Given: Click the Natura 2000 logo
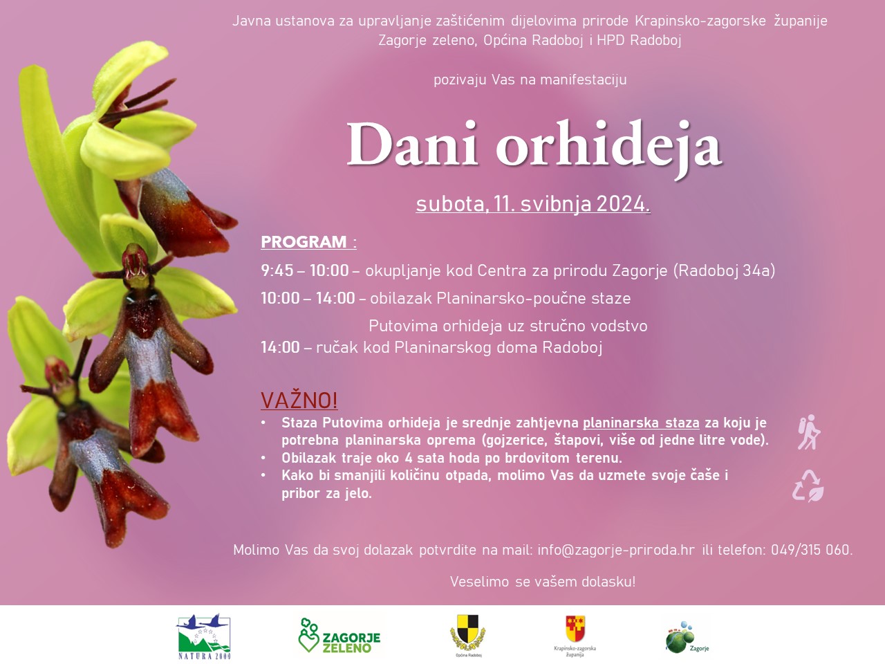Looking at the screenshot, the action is [x=204, y=637].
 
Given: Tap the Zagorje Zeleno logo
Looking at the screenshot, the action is [x=339, y=636].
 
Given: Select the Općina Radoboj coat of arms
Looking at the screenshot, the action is [x=467, y=636].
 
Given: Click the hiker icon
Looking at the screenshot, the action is [x=808, y=432].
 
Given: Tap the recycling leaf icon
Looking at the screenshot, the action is [x=808, y=486].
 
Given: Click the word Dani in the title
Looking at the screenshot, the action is [x=411, y=144].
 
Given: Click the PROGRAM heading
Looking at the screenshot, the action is [x=304, y=242].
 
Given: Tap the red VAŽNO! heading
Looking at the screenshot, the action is [x=299, y=400].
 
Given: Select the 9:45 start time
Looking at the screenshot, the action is [x=277, y=270].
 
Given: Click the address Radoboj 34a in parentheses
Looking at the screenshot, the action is [x=724, y=270].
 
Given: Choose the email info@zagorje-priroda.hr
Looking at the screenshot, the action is [x=616, y=550].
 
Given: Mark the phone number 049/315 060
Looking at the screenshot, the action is [x=810, y=550].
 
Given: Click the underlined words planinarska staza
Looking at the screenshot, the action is [x=641, y=423].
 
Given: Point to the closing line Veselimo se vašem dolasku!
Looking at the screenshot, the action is [x=543, y=582].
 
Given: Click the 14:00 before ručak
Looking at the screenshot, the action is [x=280, y=347].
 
